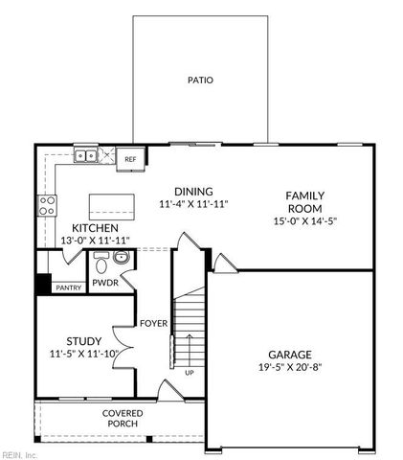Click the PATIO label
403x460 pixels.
click(x=200, y=80)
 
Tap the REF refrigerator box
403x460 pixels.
click(x=130, y=159)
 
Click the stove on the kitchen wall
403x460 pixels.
click(x=46, y=203)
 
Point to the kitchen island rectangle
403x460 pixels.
click(x=109, y=206)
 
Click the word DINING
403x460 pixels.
click(x=193, y=191)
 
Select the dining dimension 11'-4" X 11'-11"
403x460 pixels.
click(x=193, y=204)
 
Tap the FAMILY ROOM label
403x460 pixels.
click(x=303, y=201)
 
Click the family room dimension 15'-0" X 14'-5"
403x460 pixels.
click(x=303, y=221)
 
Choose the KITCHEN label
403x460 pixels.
click(x=95, y=228)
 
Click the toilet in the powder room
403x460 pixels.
click(x=121, y=259)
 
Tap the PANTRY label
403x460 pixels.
click(x=68, y=287)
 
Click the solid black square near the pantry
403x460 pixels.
click(x=43, y=284)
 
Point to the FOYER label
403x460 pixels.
click(x=153, y=323)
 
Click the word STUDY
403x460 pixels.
click(x=83, y=341)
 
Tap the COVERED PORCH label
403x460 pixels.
click(x=122, y=418)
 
